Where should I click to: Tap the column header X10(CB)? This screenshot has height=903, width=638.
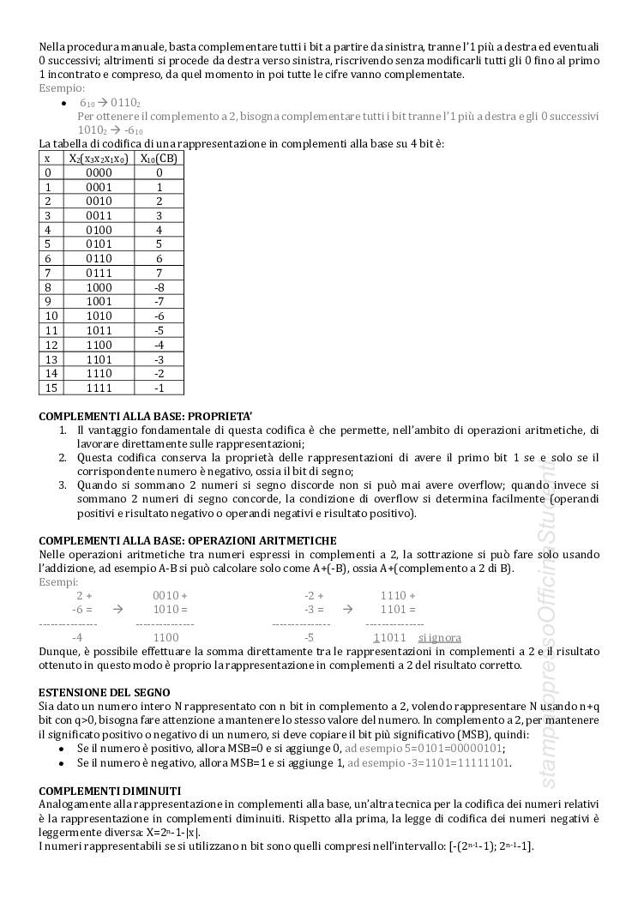159,158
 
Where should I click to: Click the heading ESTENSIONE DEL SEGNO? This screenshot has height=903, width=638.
105,692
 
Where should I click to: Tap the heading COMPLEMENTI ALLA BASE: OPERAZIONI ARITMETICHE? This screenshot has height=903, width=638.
188,540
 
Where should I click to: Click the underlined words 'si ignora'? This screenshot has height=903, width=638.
439,638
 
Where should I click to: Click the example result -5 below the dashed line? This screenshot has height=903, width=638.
309,638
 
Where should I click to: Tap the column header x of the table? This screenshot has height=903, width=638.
48,158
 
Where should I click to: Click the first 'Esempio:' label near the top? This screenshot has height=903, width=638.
62,87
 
